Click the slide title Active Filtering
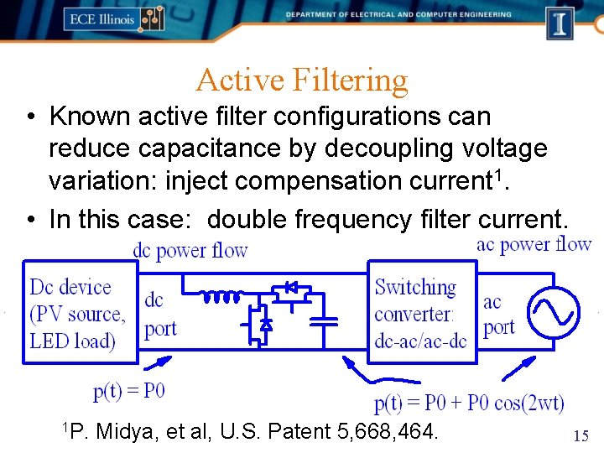pyautogui.click(x=302, y=81)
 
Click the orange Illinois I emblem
pyautogui.click(x=560, y=22)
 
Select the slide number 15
pyautogui.click(x=581, y=435)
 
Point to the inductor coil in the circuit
pyautogui.click(x=221, y=296)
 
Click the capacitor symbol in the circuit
pyautogui.click(x=323, y=320)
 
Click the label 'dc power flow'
pyautogui.click(x=190, y=250)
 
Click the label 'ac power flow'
pyautogui.click(x=534, y=244)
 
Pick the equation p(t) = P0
pyautogui.click(x=128, y=391)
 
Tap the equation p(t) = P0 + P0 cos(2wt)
pyautogui.click(x=469, y=404)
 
